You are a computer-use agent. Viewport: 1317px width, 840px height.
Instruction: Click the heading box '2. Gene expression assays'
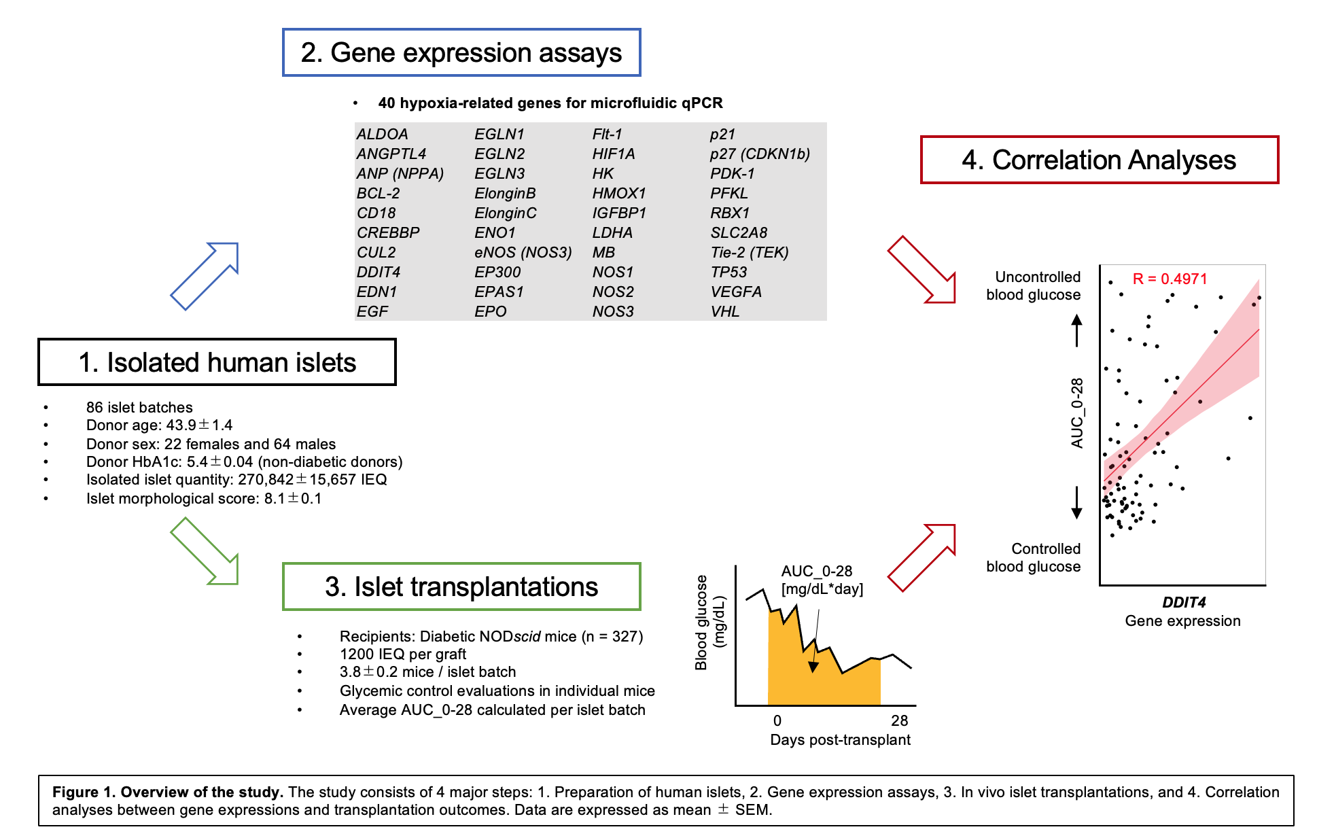pyautogui.click(x=461, y=53)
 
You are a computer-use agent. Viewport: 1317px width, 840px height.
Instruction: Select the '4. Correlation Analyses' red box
pyautogui.click(x=1099, y=160)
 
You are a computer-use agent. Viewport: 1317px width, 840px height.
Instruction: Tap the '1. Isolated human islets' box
pyautogui.click(x=217, y=362)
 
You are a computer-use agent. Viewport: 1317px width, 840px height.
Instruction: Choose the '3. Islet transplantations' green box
pyautogui.click(x=461, y=587)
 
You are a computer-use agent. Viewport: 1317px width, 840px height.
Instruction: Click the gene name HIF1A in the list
pyautogui.click(x=613, y=154)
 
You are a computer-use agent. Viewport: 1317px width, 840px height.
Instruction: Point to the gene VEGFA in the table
pyautogui.click(x=735, y=292)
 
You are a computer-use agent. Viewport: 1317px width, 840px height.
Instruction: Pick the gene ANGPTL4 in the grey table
pyautogui.click(x=391, y=154)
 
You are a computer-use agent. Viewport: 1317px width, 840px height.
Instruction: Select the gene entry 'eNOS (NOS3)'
pyautogui.click(x=523, y=252)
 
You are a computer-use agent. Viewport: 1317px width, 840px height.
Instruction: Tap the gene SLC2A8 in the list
pyautogui.click(x=739, y=232)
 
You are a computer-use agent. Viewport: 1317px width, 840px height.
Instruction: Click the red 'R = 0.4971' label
pyautogui.click(x=1170, y=279)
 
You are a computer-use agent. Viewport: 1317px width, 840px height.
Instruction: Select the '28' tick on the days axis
pyautogui.click(x=899, y=720)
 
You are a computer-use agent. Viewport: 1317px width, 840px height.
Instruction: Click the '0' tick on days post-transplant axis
pyautogui.click(x=777, y=720)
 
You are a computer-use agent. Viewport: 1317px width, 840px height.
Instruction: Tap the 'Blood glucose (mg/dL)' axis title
pyautogui.click(x=709, y=622)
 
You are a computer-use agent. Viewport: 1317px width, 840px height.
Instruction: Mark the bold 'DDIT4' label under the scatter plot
pyautogui.click(x=1184, y=602)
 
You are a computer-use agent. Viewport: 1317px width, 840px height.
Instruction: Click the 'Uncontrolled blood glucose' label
pyautogui.click(x=1033, y=285)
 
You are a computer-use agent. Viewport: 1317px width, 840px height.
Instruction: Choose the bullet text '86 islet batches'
pyautogui.click(x=139, y=407)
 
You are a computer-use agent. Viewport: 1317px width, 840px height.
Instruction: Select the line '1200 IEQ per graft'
pyautogui.click(x=403, y=654)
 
